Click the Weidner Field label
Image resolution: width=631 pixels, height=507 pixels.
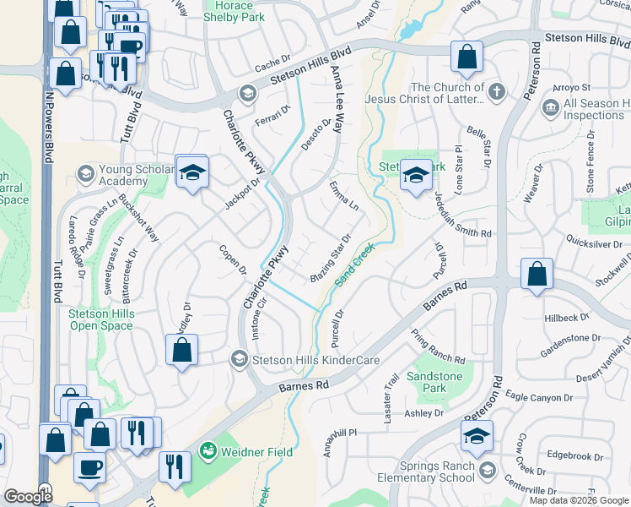[x=256, y=452]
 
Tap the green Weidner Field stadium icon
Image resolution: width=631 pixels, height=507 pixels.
[x=208, y=452]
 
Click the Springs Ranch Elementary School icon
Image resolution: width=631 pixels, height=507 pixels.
[x=486, y=470]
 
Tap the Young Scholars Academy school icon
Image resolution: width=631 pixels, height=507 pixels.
[x=85, y=175]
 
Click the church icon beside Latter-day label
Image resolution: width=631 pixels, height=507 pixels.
[x=498, y=91]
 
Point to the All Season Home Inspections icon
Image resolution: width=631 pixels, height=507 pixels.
[x=550, y=109]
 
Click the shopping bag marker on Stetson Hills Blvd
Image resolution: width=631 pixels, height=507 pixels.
[x=467, y=57]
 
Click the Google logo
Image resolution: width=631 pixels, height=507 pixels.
[x=28, y=496]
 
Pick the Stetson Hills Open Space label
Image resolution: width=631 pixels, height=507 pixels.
[x=101, y=319]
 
